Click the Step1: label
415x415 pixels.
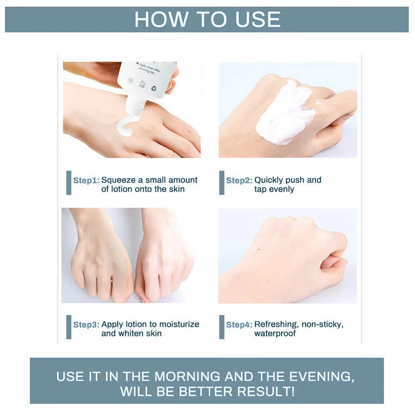coord(86,181)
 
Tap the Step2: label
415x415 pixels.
coord(239,181)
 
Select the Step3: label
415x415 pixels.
coord(86,325)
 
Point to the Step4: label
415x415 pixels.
coord(239,325)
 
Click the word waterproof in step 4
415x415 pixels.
coord(275,333)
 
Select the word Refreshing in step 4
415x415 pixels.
coord(276,324)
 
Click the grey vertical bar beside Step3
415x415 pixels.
coord(69,327)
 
